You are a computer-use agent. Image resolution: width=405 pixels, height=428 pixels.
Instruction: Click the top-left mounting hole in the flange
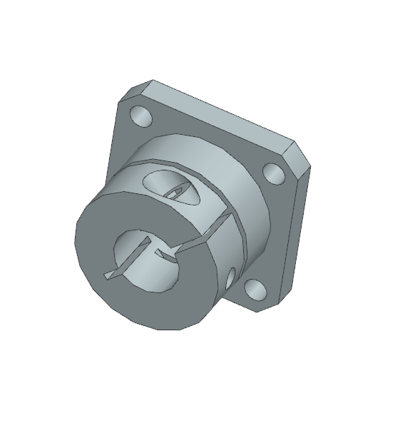140,116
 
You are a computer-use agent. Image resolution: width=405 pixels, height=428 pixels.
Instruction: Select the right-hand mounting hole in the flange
272,172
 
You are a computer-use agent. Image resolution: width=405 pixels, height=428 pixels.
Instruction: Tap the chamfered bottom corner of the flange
272,302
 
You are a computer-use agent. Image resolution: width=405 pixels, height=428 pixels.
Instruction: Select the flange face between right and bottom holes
275,235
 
